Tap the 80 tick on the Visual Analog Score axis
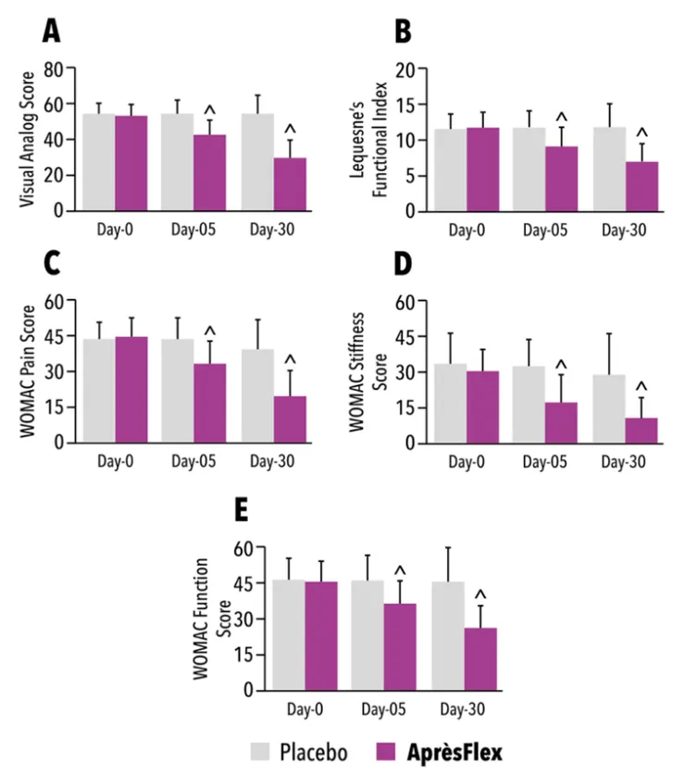pyautogui.click(x=62, y=69)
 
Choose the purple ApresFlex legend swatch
pyautogui.click(x=389, y=749)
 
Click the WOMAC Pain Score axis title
pyautogui.click(x=26, y=370)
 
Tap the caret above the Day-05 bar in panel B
pyautogui.click(x=561, y=118)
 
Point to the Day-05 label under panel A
pyautogui.click(x=193, y=227)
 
